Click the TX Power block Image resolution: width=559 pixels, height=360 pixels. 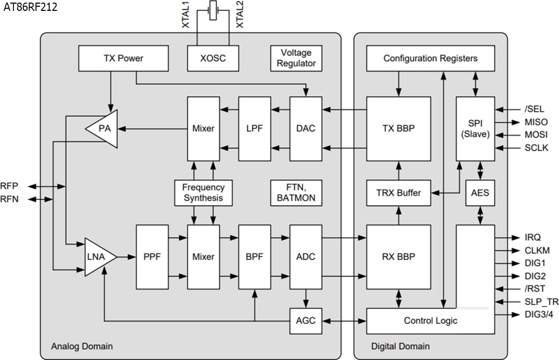[x=123, y=59]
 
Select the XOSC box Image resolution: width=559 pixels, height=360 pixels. [x=213, y=59]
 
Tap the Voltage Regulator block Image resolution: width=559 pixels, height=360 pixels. [x=296, y=59]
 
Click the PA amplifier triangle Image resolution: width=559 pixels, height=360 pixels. [x=104, y=128]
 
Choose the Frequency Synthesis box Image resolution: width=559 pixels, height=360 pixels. [x=203, y=193]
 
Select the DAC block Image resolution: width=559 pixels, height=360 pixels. [x=305, y=128]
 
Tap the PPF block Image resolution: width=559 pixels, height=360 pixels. [x=152, y=256]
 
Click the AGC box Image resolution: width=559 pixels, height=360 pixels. [x=305, y=321]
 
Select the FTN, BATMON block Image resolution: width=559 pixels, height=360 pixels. [x=296, y=193]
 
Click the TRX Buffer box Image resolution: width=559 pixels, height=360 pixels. [x=399, y=193]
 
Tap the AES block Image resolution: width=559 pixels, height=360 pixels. [x=480, y=193]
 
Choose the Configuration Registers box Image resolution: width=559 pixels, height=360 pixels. [x=430, y=59]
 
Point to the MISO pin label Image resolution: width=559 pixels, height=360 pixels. [x=535, y=122]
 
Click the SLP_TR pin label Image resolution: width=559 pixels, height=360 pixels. [x=538, y=301]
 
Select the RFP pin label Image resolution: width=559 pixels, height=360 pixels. [x=9, y=186]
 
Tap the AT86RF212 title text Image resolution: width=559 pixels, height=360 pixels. [x=30, y=7]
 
